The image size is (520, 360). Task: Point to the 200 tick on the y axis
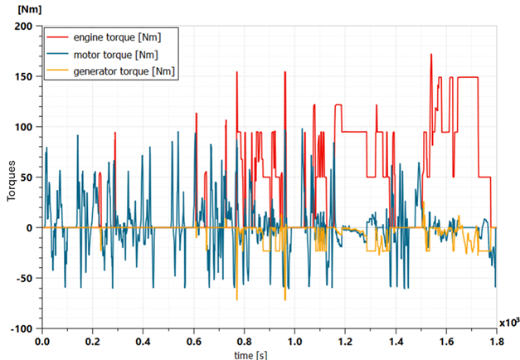pyautogui.click(x=22, y=27)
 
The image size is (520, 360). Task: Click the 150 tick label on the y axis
pyautogui.click(x=22, y=77)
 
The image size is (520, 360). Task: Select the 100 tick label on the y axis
pyautogui.click(x=22, y=127)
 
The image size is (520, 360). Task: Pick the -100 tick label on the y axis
pyautogui.click(x=21, y=328)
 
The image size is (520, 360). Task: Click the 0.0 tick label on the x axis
pyautogui.click(x=41, y=340)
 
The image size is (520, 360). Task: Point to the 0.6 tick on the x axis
pyautogui.click(x=193, y=340)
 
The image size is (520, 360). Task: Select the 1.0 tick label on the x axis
pyautogui.click(x=294, y=340)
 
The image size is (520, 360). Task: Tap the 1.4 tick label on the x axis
pyautogui.click(x=396, y=340)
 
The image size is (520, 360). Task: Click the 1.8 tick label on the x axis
pyautogui.click(x=496, y=340)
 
